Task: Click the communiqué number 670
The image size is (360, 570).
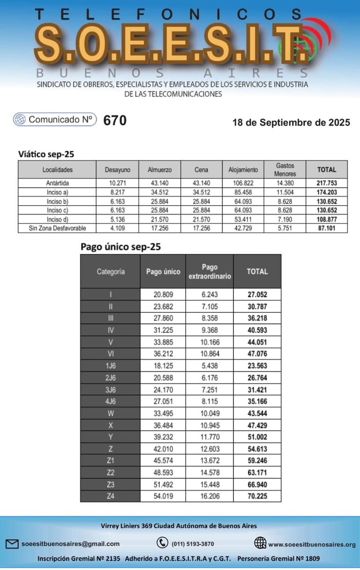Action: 115,120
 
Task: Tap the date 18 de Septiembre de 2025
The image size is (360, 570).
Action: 291,123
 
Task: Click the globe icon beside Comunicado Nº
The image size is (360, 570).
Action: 20,119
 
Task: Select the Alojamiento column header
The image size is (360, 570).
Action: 243,170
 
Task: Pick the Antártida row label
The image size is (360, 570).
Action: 57,183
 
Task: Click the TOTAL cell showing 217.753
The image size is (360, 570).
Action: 327,183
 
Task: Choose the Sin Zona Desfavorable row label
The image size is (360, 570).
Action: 57,228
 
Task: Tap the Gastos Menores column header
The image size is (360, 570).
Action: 285,170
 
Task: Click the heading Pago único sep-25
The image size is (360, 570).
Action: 120,247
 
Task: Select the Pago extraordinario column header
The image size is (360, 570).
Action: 210,271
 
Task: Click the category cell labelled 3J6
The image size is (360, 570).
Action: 110,378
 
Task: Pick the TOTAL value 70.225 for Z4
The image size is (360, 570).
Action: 257,496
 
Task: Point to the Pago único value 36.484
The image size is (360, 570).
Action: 163,425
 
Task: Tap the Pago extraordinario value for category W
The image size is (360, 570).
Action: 210,413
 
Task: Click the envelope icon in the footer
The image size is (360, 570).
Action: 12,544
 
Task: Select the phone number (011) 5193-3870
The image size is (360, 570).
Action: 193,544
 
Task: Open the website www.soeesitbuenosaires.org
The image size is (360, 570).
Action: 312,544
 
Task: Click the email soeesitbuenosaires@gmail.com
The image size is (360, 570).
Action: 70,544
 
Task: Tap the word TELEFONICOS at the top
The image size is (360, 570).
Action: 169,14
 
